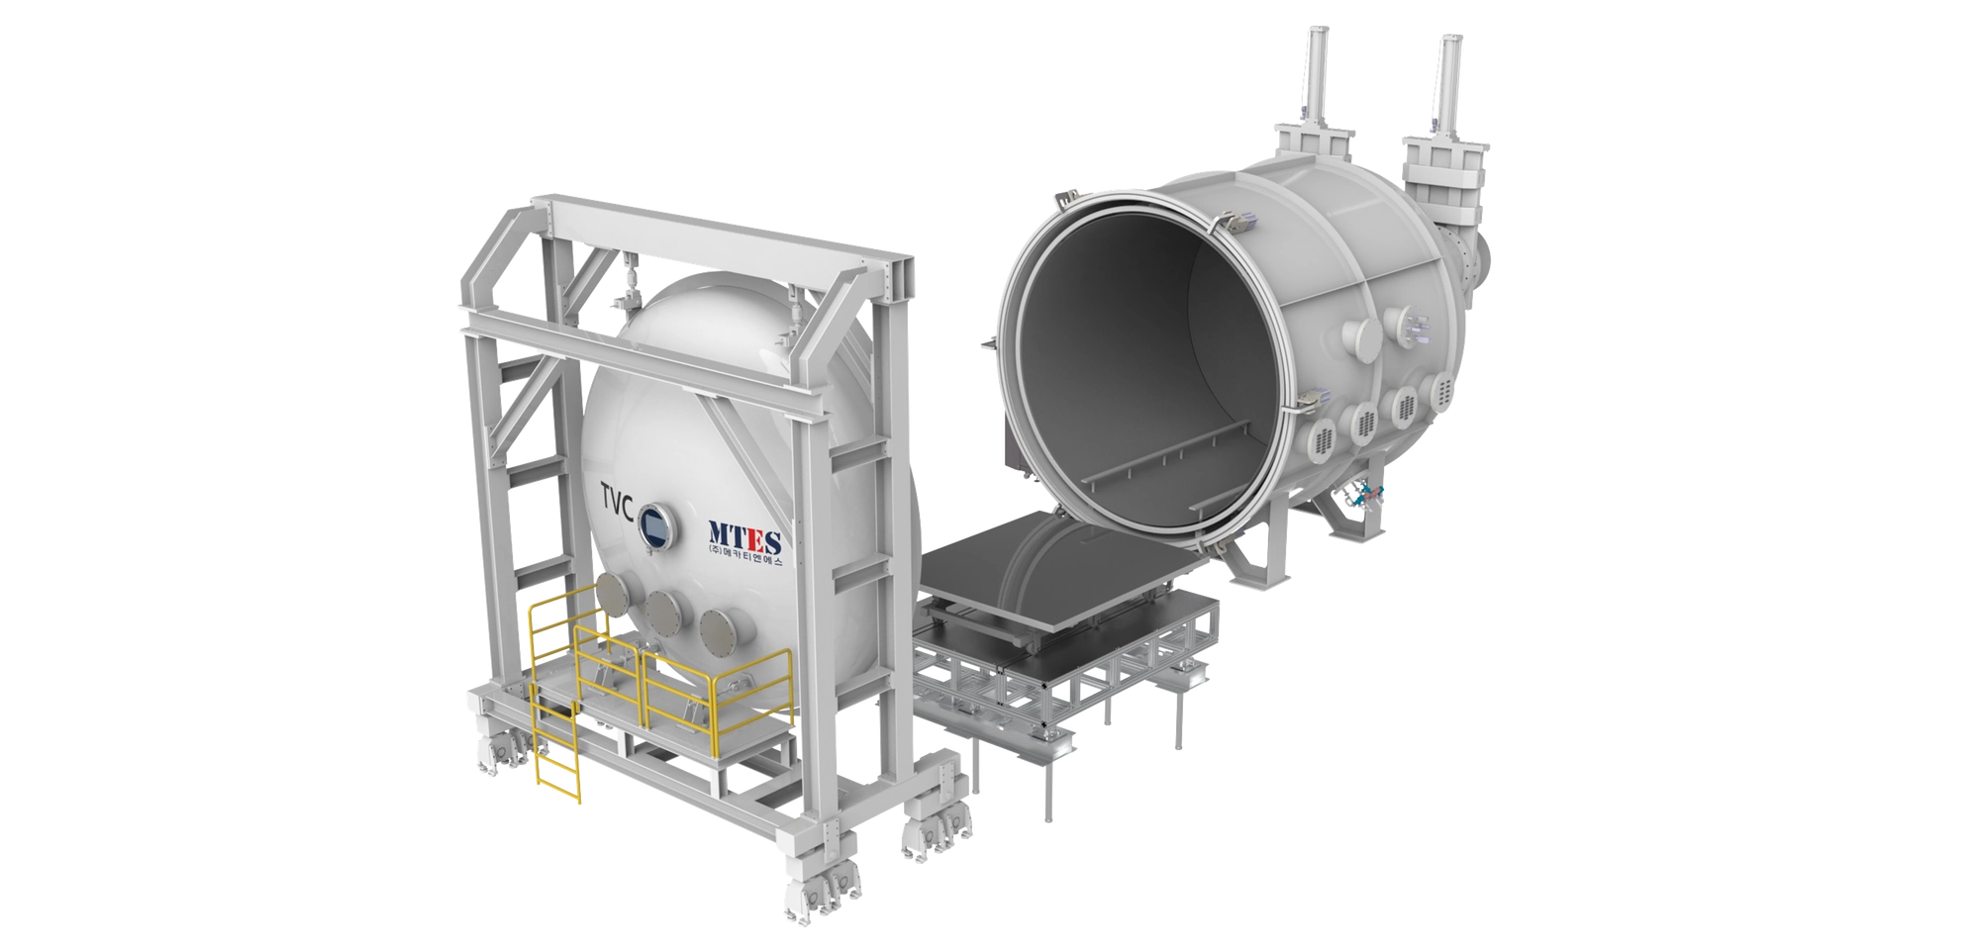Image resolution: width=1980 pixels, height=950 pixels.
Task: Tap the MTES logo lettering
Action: pos(744,538)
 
